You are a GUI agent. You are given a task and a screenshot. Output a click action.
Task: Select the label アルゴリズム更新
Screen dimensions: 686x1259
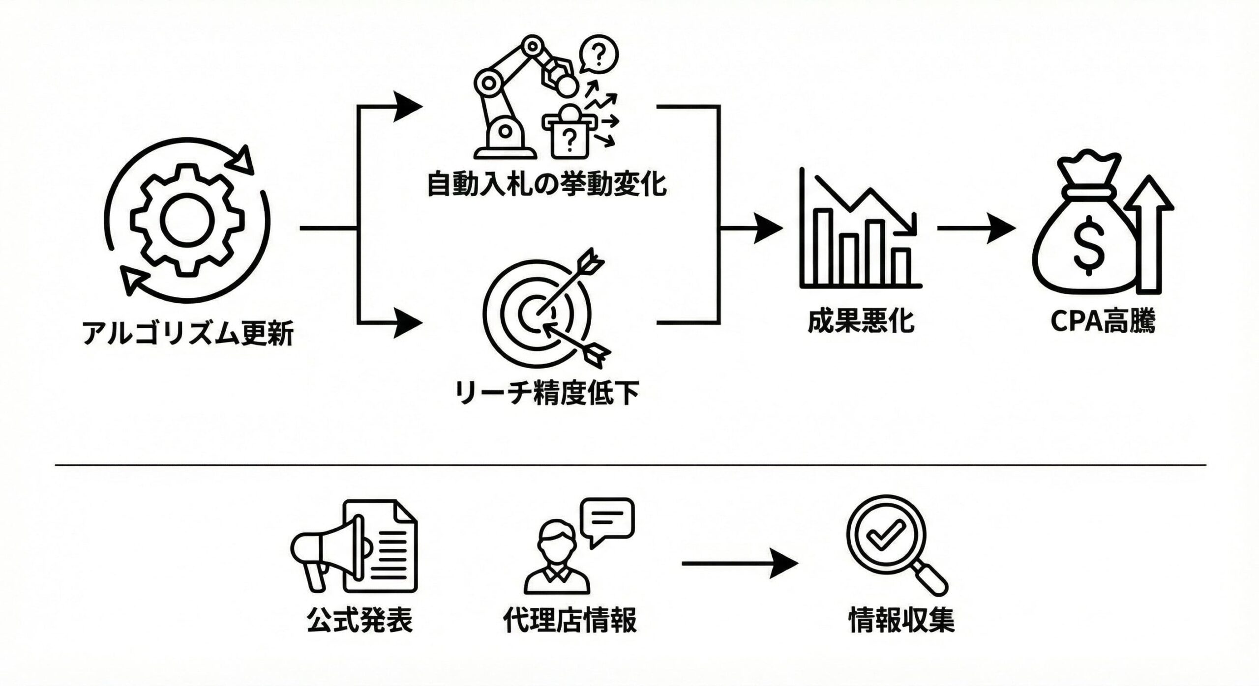coord(187,334)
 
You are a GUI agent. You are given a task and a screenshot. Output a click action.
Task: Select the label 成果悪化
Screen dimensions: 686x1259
coord(861,321)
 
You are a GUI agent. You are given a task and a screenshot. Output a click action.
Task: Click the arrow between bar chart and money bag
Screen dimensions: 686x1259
coord(976,228)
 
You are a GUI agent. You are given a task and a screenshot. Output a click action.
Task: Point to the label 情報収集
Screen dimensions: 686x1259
coord(901,620)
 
